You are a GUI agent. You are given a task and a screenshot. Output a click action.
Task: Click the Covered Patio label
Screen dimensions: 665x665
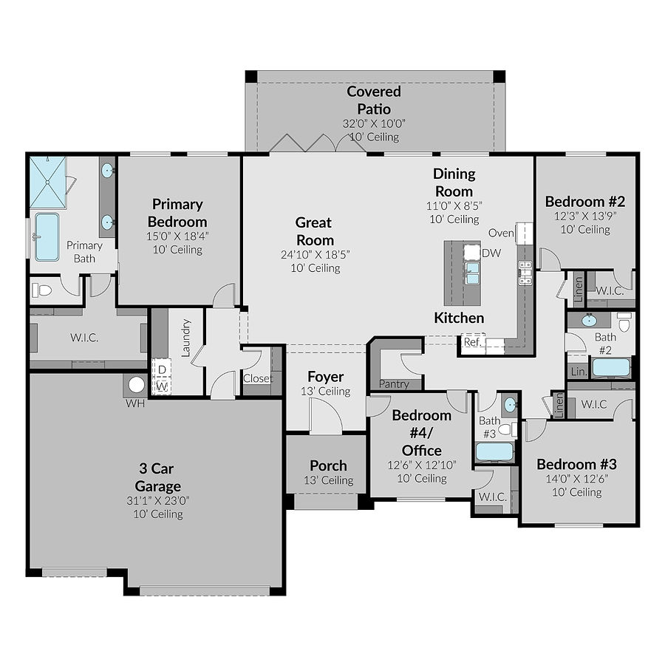coord(374,100)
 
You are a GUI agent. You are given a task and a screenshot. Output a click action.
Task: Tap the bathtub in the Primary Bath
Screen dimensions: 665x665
coord(47,236)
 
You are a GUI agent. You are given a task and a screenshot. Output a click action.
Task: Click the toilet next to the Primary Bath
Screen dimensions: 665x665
coord(44,290)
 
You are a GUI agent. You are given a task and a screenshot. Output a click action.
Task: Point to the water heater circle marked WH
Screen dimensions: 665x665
coord(136,385)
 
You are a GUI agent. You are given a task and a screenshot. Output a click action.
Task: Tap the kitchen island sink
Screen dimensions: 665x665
coord(471,273)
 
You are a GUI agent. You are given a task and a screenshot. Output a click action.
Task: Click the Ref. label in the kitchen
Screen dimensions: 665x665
coord(472,342)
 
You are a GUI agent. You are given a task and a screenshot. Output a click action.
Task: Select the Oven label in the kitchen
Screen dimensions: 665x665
coord(501,233)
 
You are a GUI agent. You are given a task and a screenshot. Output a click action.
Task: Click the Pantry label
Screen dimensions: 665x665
coord(394,384)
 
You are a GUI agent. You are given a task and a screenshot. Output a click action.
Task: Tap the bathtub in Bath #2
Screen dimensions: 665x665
coord(610,367)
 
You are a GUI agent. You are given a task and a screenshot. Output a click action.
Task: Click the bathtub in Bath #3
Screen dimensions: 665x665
coord(494,451)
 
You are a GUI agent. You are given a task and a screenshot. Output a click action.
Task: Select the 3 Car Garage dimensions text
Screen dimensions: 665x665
coord(157,500)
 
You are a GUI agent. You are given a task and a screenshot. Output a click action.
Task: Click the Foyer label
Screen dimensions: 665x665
coord(326,377)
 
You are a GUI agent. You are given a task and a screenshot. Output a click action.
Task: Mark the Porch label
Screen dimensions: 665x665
coord(328,465)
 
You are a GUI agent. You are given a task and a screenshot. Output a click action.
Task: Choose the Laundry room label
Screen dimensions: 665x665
coord(185,338)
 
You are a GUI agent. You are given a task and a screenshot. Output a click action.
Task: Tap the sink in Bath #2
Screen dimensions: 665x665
coord(589,321)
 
